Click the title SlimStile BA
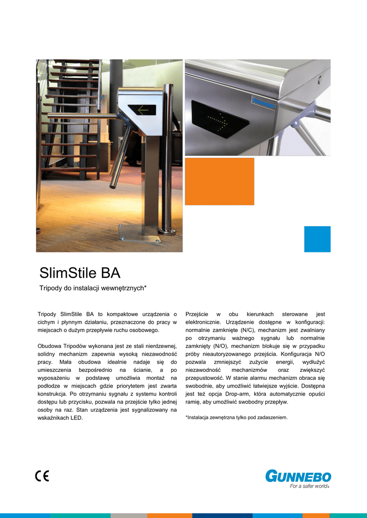click(x=80, y=274)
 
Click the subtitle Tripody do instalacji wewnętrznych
click(x=93, y=288)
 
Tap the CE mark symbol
click(x=42, y=476)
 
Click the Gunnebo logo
click(x=298, y=476)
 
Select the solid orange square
click(x=219, y=181)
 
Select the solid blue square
click(x=317, y=239)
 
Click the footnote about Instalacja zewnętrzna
click(x=236, y=418)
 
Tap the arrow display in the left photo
click(x=142, y=109)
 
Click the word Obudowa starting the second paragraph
click(x=49, y=346)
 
